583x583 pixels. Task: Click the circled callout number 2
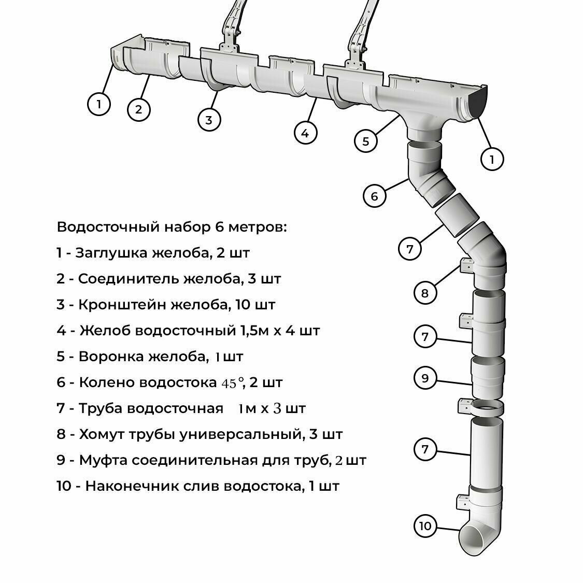[x=138, y=109]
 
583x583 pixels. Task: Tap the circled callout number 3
[x=209, y=120]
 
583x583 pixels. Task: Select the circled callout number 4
[x=305, y=133]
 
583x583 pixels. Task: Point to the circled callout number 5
[x=366, y=141]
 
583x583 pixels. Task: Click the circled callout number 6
[x=375, y=196]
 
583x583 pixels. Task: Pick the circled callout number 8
[x=425, y=293]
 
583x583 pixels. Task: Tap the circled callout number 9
[x=425, y=378]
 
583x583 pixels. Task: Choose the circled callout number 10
[x=425, y=527]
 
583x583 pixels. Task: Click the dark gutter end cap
[x=477, y=102]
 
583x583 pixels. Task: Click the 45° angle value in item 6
[x=232, y=383]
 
